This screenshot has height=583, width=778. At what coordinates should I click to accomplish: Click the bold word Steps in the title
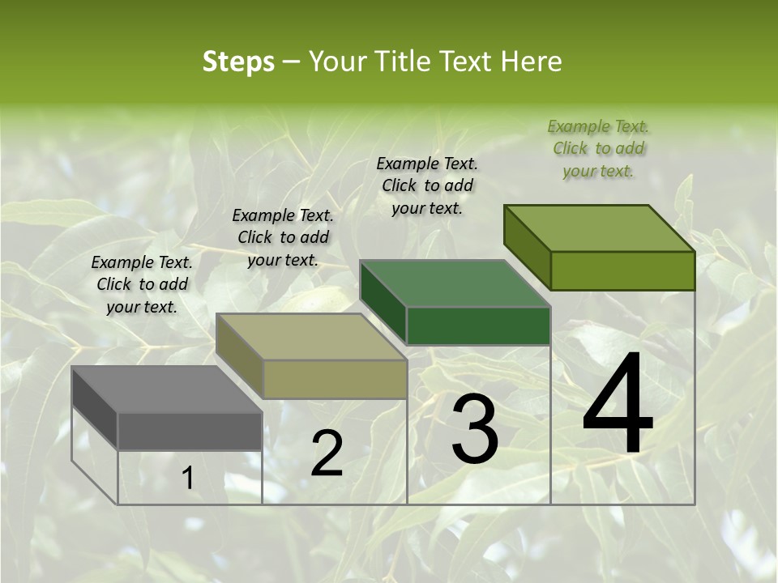click(x=238, y=62)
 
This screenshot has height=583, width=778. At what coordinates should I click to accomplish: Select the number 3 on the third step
click(x=475, y=429)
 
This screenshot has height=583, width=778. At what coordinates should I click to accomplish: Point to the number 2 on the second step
click(x=327, y=453)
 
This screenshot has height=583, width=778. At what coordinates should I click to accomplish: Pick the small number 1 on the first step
click(x=187, y=479)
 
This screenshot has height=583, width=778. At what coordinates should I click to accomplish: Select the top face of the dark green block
click(x=455, y=283)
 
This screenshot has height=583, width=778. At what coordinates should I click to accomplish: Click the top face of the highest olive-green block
click(x=600, y=228)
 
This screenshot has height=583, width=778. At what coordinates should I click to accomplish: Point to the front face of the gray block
click(x=190, y=431)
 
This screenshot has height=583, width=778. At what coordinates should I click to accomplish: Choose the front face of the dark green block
click(x=478, y=326)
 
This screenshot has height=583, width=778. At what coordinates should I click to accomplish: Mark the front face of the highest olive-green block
click(x=622, y=270)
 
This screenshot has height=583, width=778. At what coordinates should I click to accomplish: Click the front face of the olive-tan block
click(x=334, y=379)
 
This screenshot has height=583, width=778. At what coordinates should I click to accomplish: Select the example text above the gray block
click(x=142, y=284)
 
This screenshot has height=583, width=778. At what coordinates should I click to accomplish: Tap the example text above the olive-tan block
click(x=283, y=237)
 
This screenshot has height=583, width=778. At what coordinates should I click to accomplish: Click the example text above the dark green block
click(x=427, y=185)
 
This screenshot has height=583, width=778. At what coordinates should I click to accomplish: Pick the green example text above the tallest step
click(x=598, y=148)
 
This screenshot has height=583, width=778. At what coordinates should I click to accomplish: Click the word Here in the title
click(x=531, y=62)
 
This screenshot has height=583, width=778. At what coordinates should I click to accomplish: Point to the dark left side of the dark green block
click(x=383, y=301)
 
